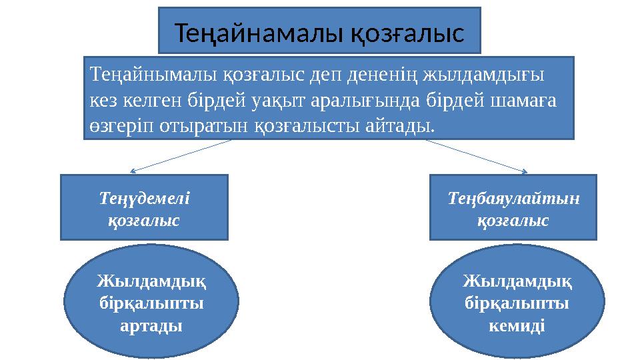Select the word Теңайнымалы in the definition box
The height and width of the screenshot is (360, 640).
coord(141,73)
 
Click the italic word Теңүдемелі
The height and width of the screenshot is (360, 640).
coord(144,198)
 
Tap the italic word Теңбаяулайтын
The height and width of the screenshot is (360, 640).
coord(513,198)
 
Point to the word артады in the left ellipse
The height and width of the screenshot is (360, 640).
coord(151,326)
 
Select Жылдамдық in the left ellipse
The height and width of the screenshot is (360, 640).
coord(151,282)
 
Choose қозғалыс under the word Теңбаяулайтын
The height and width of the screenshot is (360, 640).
coord(513,220)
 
